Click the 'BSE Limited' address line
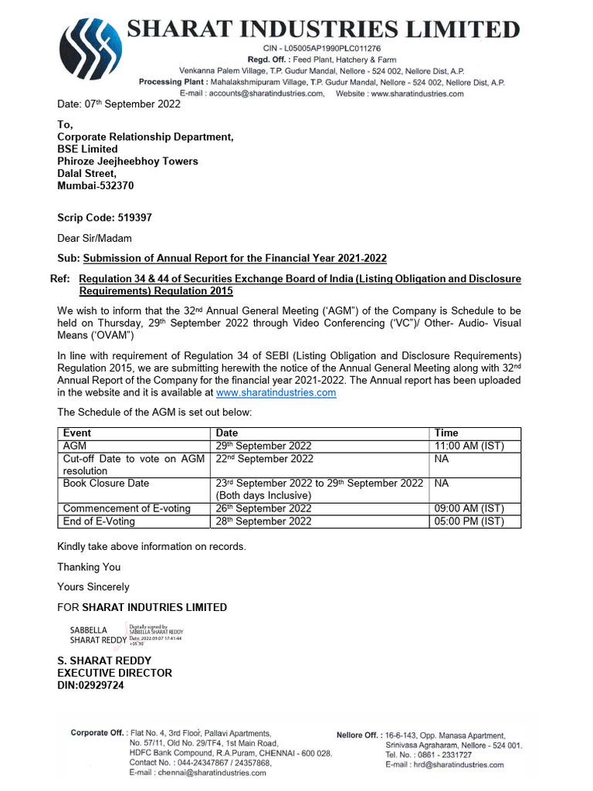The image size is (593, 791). [87, 148]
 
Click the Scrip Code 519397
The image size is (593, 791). [104, 218]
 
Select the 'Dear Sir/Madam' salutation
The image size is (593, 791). [94, 238]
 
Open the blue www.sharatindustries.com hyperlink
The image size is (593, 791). [276, 392]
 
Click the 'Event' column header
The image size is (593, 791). [77, 433]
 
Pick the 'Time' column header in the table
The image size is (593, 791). [446, 433]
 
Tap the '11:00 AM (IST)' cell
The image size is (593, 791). [469, 446]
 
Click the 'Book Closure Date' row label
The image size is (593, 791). [106, 483]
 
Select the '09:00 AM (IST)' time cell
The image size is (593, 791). [469, 508]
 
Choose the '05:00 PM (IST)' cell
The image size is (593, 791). [469, 521]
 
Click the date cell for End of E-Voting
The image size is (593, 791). [263, 521]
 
